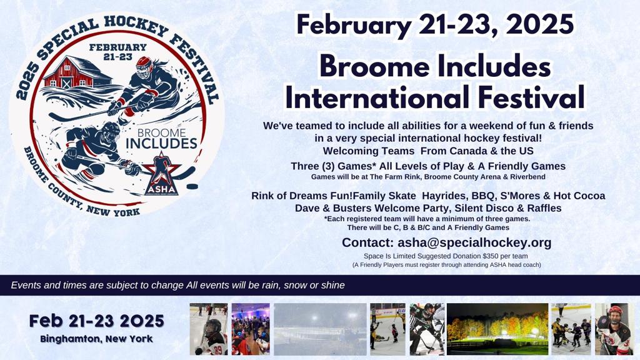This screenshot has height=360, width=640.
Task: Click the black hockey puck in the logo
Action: click(x=192, y=186)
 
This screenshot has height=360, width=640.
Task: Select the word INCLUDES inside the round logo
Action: click(x=162, y=144)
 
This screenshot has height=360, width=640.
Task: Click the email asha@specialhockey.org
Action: click(x=474, y=242)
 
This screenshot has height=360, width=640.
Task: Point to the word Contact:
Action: click(x=367, y=242)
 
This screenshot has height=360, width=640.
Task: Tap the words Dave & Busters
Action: click(x=333, y=208)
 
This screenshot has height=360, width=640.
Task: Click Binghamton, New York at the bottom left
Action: click(x=97, y=339)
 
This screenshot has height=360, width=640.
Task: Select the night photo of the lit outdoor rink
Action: click(x=497, y=329)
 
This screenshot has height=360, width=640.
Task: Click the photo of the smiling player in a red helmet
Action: click(x=614, y=329)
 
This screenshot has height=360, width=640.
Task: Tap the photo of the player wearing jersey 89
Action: click(x=209, y=329)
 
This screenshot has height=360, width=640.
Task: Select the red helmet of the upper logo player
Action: click(x=144, y=65)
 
